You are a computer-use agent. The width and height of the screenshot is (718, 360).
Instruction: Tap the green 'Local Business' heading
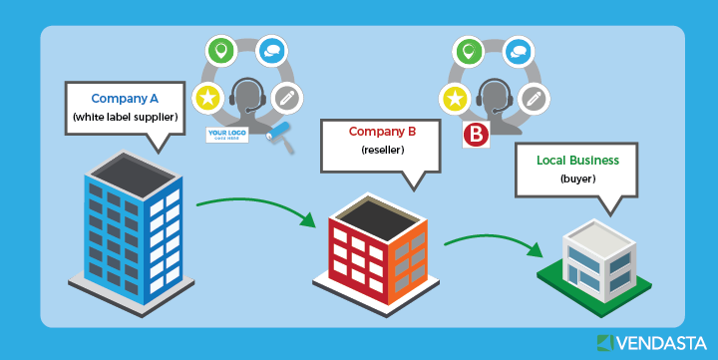(577, 160)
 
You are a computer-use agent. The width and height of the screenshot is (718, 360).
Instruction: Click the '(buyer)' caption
(577, 179)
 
